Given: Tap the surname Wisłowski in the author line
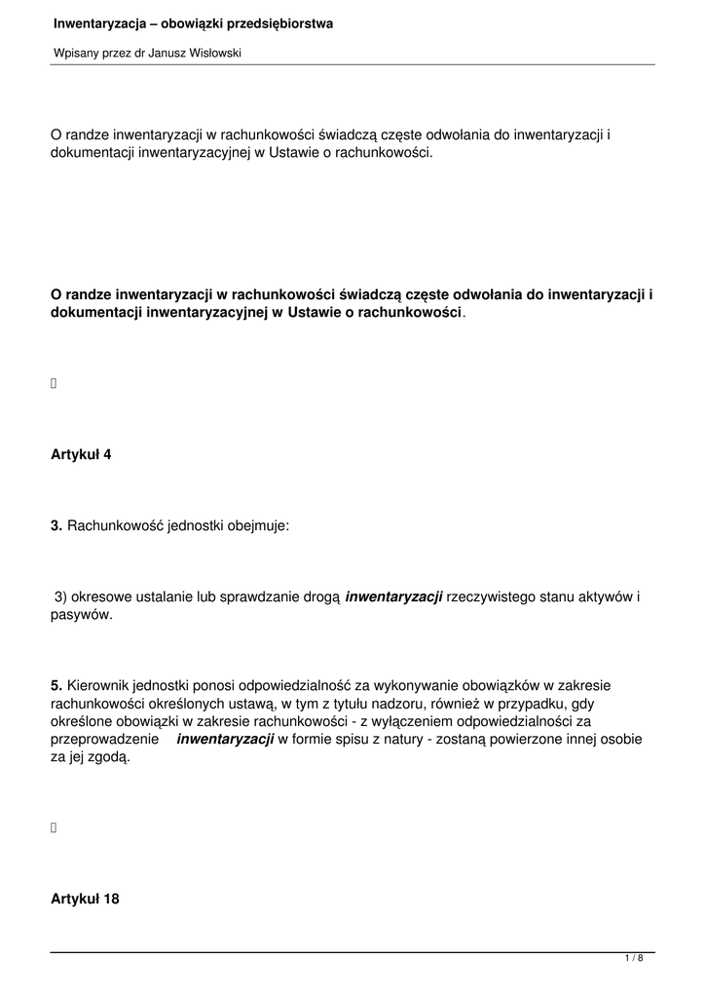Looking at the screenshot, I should [x=210, y=55].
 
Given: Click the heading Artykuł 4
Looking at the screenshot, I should [x=81, y=454].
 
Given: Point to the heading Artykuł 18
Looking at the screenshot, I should [x=85, y=899].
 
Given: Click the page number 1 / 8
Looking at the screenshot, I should [x=634, y=960].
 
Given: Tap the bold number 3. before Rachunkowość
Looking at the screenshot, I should [x=56, y=526].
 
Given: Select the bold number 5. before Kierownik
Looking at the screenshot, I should [x=56, y=686].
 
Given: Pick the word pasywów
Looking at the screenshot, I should [x=82, y=615].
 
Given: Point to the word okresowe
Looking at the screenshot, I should [x=106, y=596].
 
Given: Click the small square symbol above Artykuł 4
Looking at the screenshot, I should [x=54, y=383].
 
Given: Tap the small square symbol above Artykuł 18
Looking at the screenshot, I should [x=54, y=827].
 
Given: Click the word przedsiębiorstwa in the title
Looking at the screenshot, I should [x=272, y=23].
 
